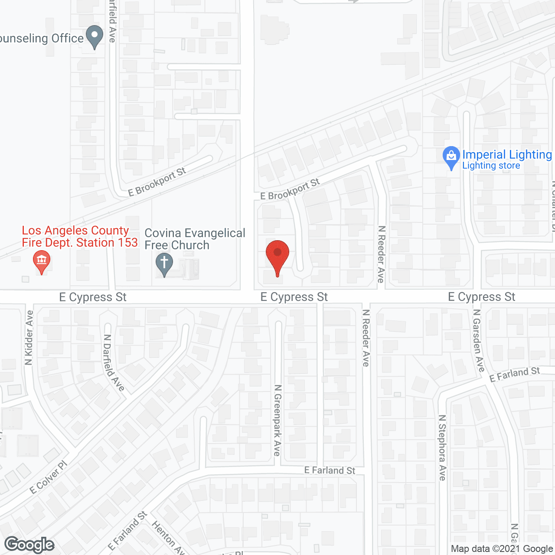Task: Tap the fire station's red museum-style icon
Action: coord(42,261)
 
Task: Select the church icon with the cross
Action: coord(164,263)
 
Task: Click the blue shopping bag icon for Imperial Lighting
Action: coord(451,157)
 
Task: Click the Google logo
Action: coord(29,545)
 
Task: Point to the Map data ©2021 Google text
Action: coord(502,549)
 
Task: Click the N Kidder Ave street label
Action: coord(29,338)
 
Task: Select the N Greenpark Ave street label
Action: coord(277,420)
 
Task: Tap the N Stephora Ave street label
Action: coord(442,448)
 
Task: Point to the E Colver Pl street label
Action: coord(49,477)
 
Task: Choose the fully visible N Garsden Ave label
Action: coord(478,341)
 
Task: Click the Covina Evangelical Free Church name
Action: coord(195,239)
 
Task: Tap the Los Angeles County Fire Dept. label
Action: coord(80,236)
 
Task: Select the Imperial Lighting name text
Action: coord(507,154)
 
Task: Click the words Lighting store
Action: coord(491,166)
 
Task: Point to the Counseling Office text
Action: coord(42,38)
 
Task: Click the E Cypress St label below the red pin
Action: coord(294,297)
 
